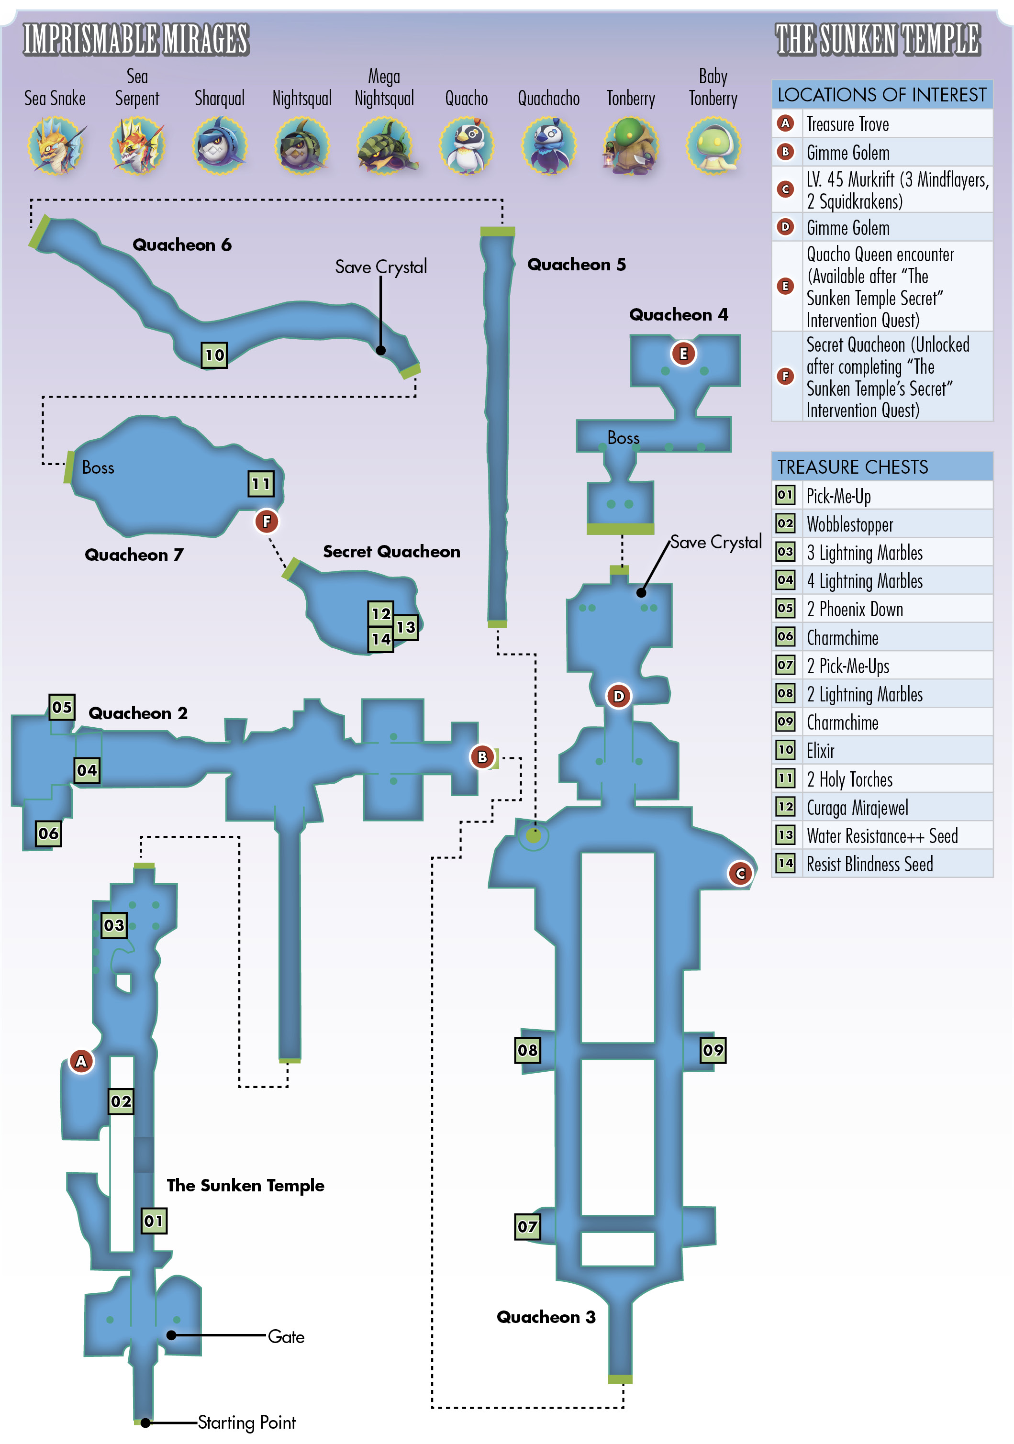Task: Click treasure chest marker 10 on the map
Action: click(214, 355)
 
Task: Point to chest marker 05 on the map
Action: click(62, 707)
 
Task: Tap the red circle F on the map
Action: click(267, 522)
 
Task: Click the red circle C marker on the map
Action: click(740, 874)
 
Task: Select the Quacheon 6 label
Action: click(182, 244)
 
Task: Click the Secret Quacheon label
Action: click(391, 552)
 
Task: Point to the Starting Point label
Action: click(246, 1422)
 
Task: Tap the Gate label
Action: click(286, 1336)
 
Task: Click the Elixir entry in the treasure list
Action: click(820, 750)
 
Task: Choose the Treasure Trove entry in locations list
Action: click(847, 124)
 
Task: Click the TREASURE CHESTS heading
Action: click(852, 467)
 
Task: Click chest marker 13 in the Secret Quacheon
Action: click(406, 627)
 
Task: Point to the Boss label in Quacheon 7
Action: click(98, 467)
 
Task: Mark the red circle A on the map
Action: click(81, 1062)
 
